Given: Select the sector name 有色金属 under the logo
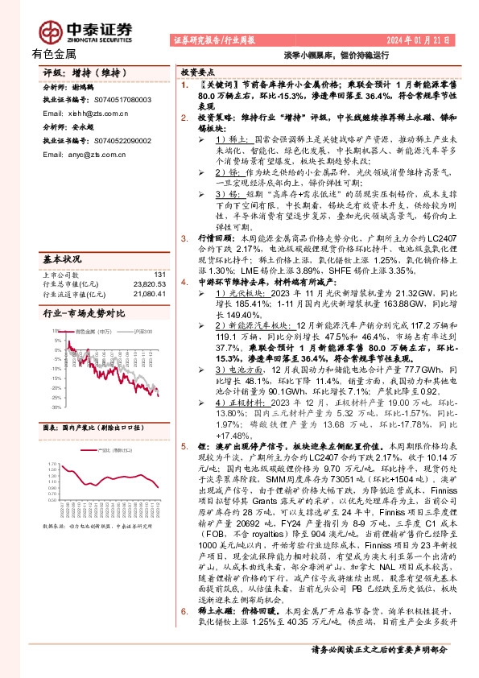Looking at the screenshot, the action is [x=54, y=54].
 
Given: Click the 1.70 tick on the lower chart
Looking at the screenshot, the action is [x=48, y=464].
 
